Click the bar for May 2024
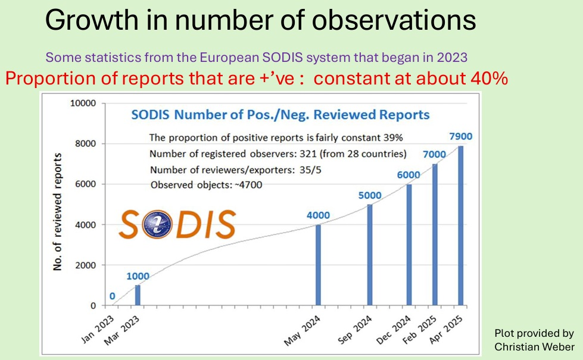pos(318,265)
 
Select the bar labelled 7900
pos(461,226)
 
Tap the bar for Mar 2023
pos(138,295)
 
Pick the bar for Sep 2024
pos(370,255)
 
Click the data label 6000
pos(409,175)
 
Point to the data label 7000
pos(434,154)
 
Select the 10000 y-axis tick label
pos(83,104)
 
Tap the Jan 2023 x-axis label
pos(98,330)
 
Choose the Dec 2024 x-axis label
pos(394,330)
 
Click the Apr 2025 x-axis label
pos(446,330)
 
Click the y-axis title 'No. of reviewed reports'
pos(57,212)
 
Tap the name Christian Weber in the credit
pos(534,347)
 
